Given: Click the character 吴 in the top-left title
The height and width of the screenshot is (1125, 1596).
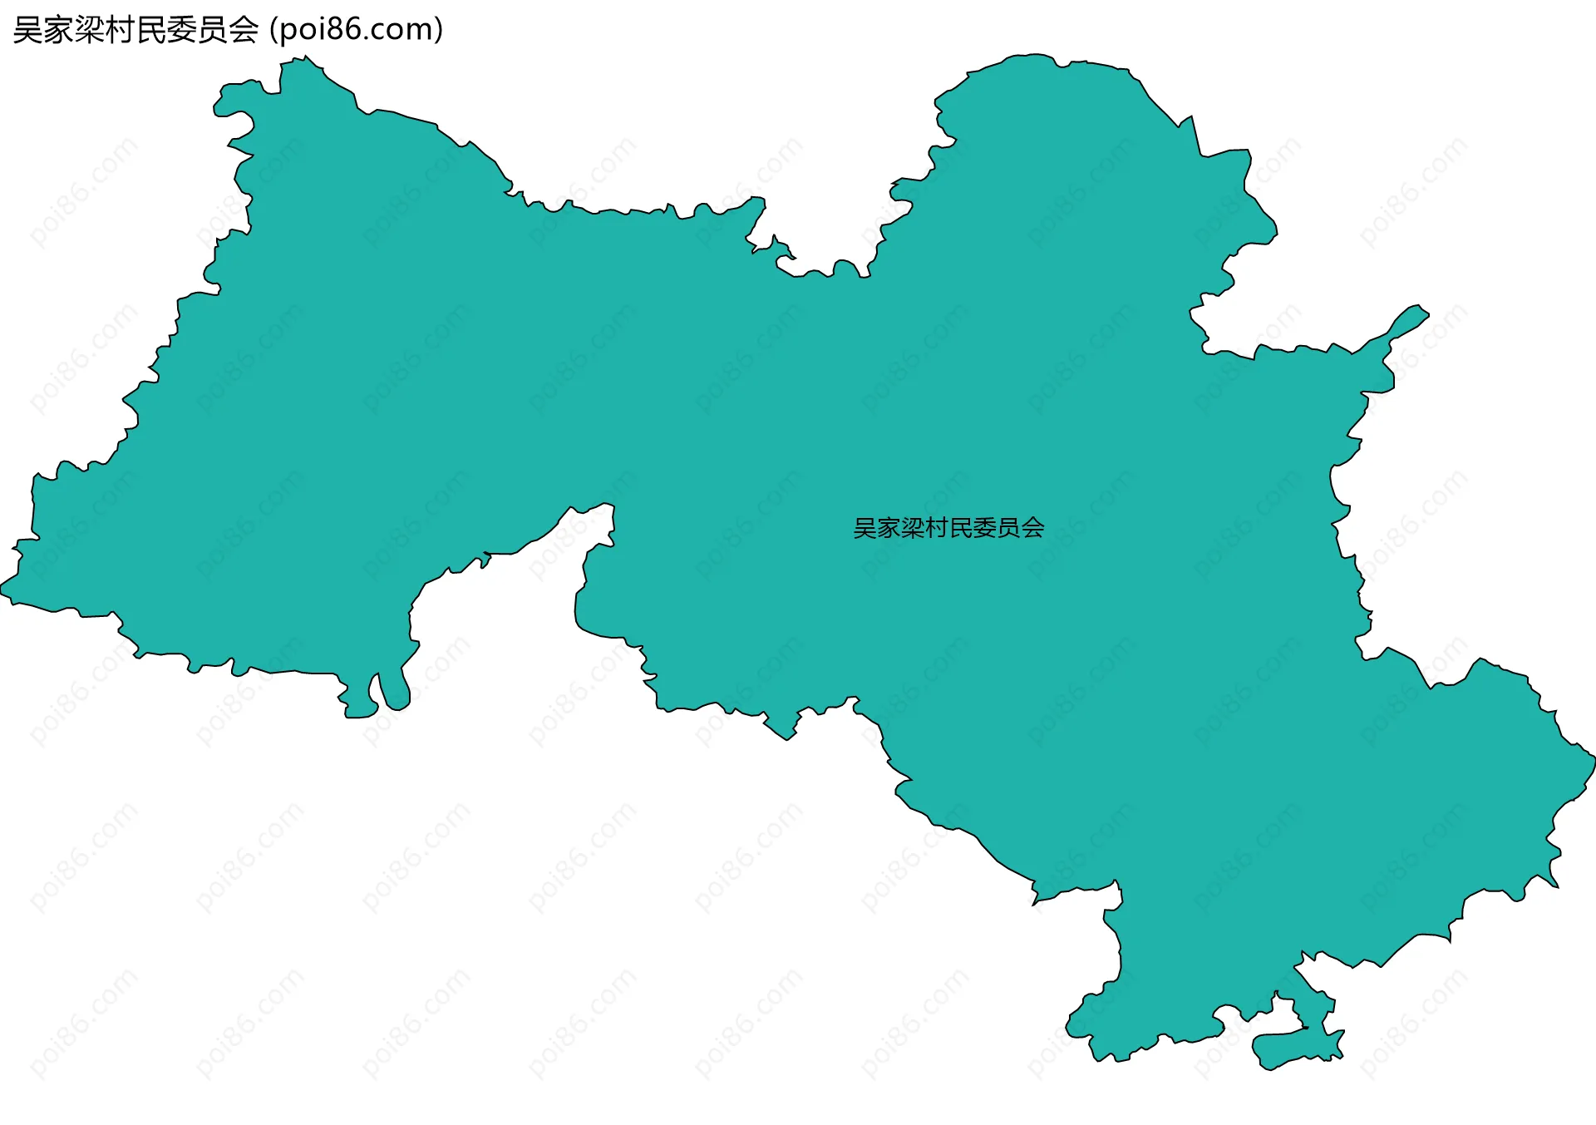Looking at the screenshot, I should tap(27, 30).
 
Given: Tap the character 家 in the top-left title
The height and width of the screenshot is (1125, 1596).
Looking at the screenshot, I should tap(58, 30).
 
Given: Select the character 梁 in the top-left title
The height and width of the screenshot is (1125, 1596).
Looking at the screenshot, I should tap(89, 30).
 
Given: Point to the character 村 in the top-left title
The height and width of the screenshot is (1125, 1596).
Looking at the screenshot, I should tap(120, 30).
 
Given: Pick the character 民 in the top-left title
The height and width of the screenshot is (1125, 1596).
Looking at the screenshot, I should tap(150, 30).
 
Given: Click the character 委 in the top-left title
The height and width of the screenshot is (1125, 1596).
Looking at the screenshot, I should tap(181, 30).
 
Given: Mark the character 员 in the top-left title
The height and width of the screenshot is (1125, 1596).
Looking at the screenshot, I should tap(212, 30).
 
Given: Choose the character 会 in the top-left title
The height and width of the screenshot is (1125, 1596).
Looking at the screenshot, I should tap(243, 30).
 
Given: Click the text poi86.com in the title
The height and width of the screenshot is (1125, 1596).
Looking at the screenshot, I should tap(357, 30).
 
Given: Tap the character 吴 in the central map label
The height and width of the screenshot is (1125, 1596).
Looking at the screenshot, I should tap(865, 528).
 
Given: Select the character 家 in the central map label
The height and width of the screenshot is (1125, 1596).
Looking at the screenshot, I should tap(889, 528).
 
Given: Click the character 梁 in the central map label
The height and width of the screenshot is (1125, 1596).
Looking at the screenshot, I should tap(914, 528).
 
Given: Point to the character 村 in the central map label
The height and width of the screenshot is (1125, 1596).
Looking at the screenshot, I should tap(937, 528).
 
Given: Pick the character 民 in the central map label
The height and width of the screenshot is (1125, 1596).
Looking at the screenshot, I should tap(961, 528).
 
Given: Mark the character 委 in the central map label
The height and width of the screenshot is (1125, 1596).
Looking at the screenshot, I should tap(985, 528).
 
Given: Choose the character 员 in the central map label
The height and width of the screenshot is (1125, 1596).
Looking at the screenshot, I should tap(1009, 528).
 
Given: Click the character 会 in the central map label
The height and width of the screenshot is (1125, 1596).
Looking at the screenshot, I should tap(1033, 528).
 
